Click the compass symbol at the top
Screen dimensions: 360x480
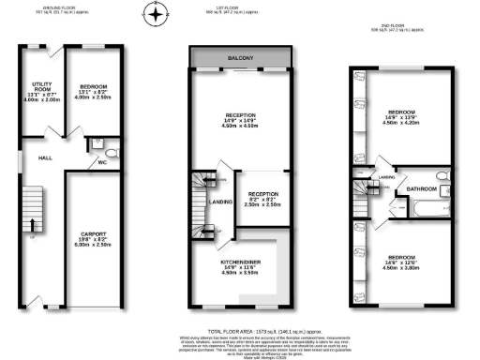[157, 14]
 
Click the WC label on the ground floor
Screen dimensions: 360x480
[102, 162]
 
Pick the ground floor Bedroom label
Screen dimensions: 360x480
[95, 87]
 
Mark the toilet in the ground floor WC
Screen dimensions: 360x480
[111, 151]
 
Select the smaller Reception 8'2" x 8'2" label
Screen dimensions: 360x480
[257, 196]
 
